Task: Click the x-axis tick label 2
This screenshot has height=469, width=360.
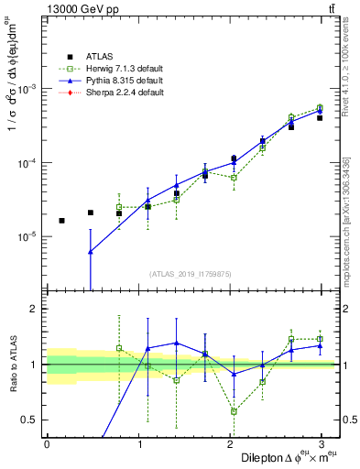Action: pyautogui.click(x=232, y=443)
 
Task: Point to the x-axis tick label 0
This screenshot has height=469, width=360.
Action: pyautogui.click(x=47, y=443)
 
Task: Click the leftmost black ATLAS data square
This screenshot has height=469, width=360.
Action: pyautogui.click(x=61, y=221)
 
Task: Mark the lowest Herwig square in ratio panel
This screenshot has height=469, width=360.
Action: pyautogui.click(x=234, y=411)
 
